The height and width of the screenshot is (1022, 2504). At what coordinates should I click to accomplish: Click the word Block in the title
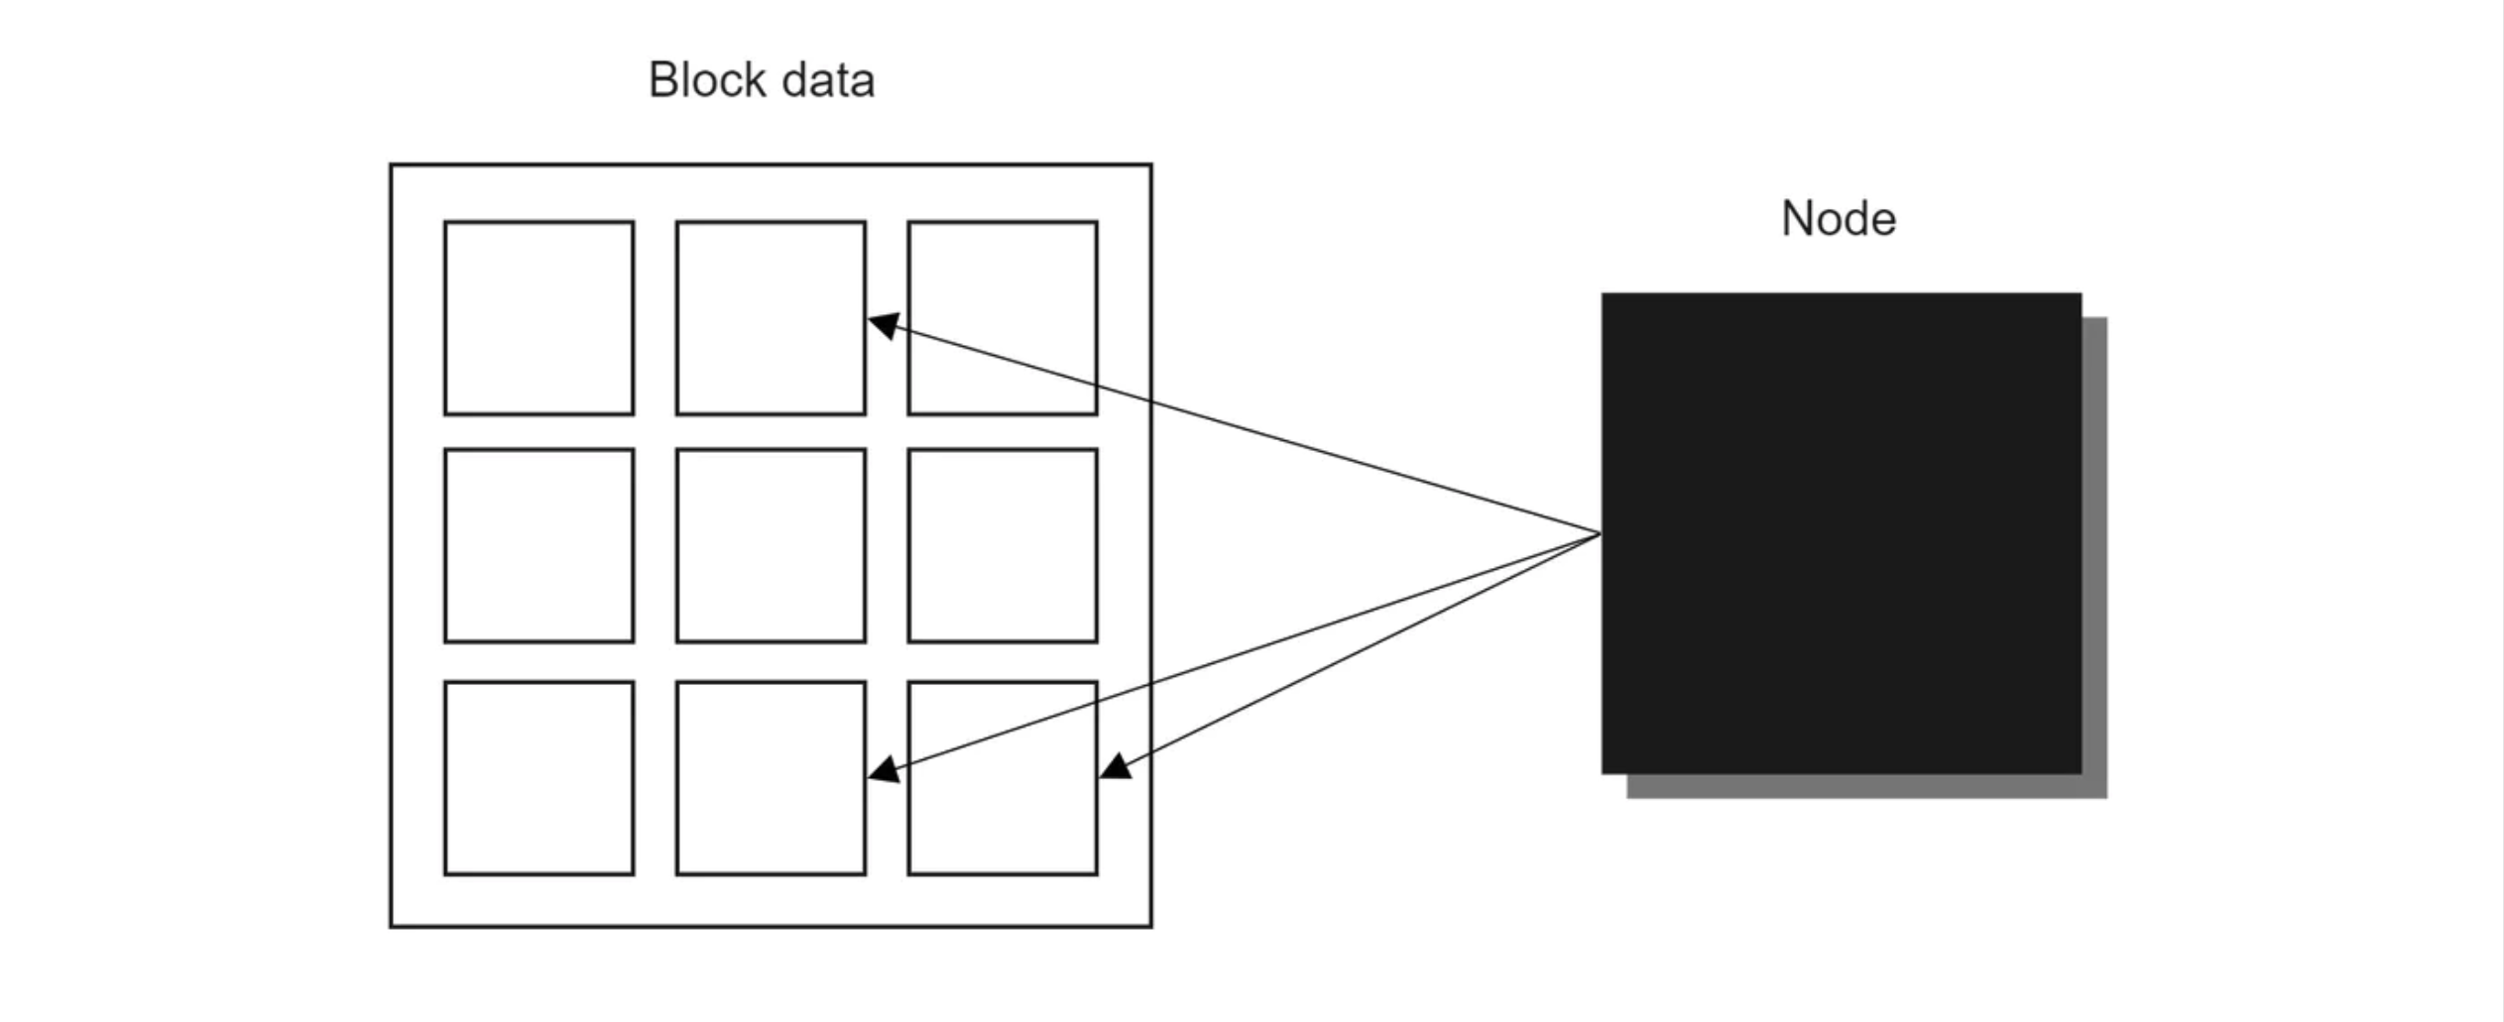[708, 80]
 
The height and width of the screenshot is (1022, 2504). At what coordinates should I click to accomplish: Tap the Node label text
[1839, 219]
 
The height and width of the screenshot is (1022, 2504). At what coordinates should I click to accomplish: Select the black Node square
[1842, 533]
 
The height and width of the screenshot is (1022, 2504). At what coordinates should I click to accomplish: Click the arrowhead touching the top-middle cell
[883, 325]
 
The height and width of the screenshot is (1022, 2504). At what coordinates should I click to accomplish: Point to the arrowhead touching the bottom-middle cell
[883, 771]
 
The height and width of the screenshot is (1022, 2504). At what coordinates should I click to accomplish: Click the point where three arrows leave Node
[1601, 534]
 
